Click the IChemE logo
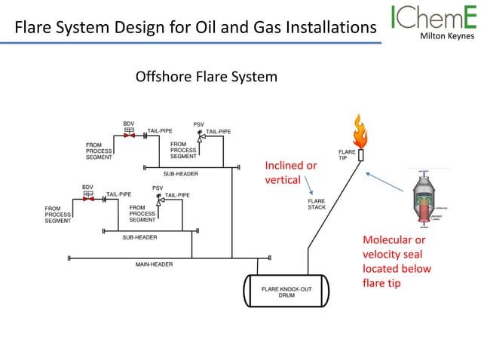433,18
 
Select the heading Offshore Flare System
206,77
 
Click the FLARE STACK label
317,204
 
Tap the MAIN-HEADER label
154,264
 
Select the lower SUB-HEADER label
139,237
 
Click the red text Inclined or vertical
290,172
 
